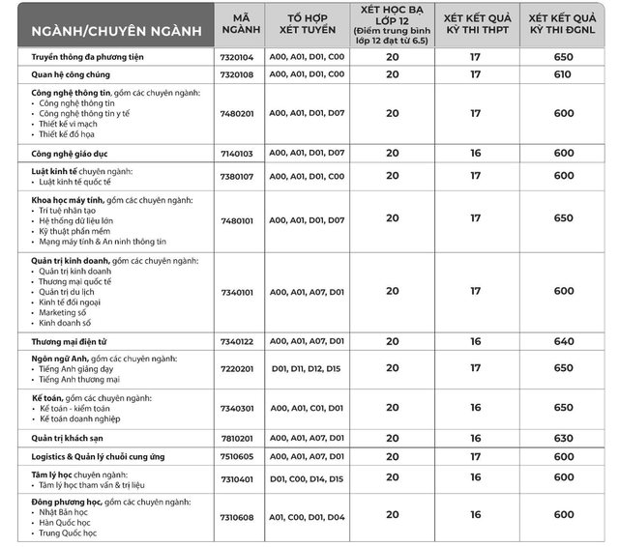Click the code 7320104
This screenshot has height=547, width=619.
click(236, 58)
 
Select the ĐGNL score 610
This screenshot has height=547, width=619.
click(563, 74)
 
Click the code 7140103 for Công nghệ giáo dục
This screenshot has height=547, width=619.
click(236, 154)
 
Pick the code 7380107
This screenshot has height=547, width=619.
click(236, 176)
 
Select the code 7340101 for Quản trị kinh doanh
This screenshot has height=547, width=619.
click(236, 291)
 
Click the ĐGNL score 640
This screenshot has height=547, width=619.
click(563, 341)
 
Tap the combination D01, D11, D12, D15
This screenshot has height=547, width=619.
click(307, 368)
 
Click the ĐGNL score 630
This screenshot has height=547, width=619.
click(563, 438)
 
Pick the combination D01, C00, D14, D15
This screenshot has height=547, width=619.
click(307, 477)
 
